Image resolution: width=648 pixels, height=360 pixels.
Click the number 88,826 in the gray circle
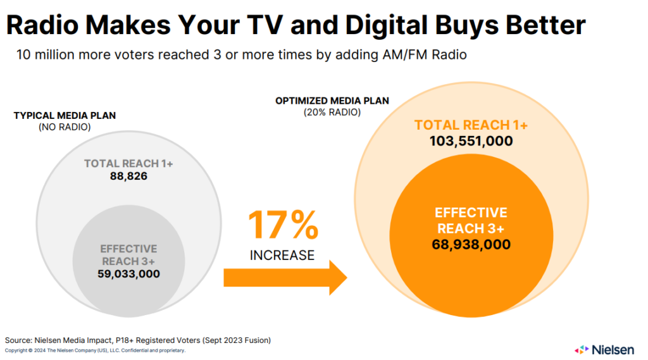click(x=128, y=176)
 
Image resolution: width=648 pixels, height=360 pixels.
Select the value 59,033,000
click(x=128, y=273)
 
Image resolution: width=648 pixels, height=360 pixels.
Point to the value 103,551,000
click(x=471, y=141)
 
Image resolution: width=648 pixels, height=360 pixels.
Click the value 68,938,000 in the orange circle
click(x=471, y=244)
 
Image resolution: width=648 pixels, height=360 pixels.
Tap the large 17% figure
click(x=282, y=226)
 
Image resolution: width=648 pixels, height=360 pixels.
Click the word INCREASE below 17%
click(x=282, y=256)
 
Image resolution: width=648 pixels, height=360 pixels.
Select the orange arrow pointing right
click(x=285, y=277)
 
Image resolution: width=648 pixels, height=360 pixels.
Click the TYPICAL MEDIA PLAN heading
click(x=65, y=116)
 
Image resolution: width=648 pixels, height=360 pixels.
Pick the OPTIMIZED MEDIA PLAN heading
click(x=332, y=101)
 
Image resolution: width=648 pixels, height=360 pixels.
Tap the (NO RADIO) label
click(x=65, y=127)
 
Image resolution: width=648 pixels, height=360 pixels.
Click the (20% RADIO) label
click(x=332, y=112)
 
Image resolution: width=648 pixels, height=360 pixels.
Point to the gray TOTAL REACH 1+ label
click(x=128, y=164)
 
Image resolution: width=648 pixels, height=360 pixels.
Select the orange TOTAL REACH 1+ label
click(x=471, y=125)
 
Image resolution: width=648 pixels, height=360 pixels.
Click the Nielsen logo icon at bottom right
click(x=581, y=349)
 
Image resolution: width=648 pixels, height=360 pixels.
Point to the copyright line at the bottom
click(x=95, y=351)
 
